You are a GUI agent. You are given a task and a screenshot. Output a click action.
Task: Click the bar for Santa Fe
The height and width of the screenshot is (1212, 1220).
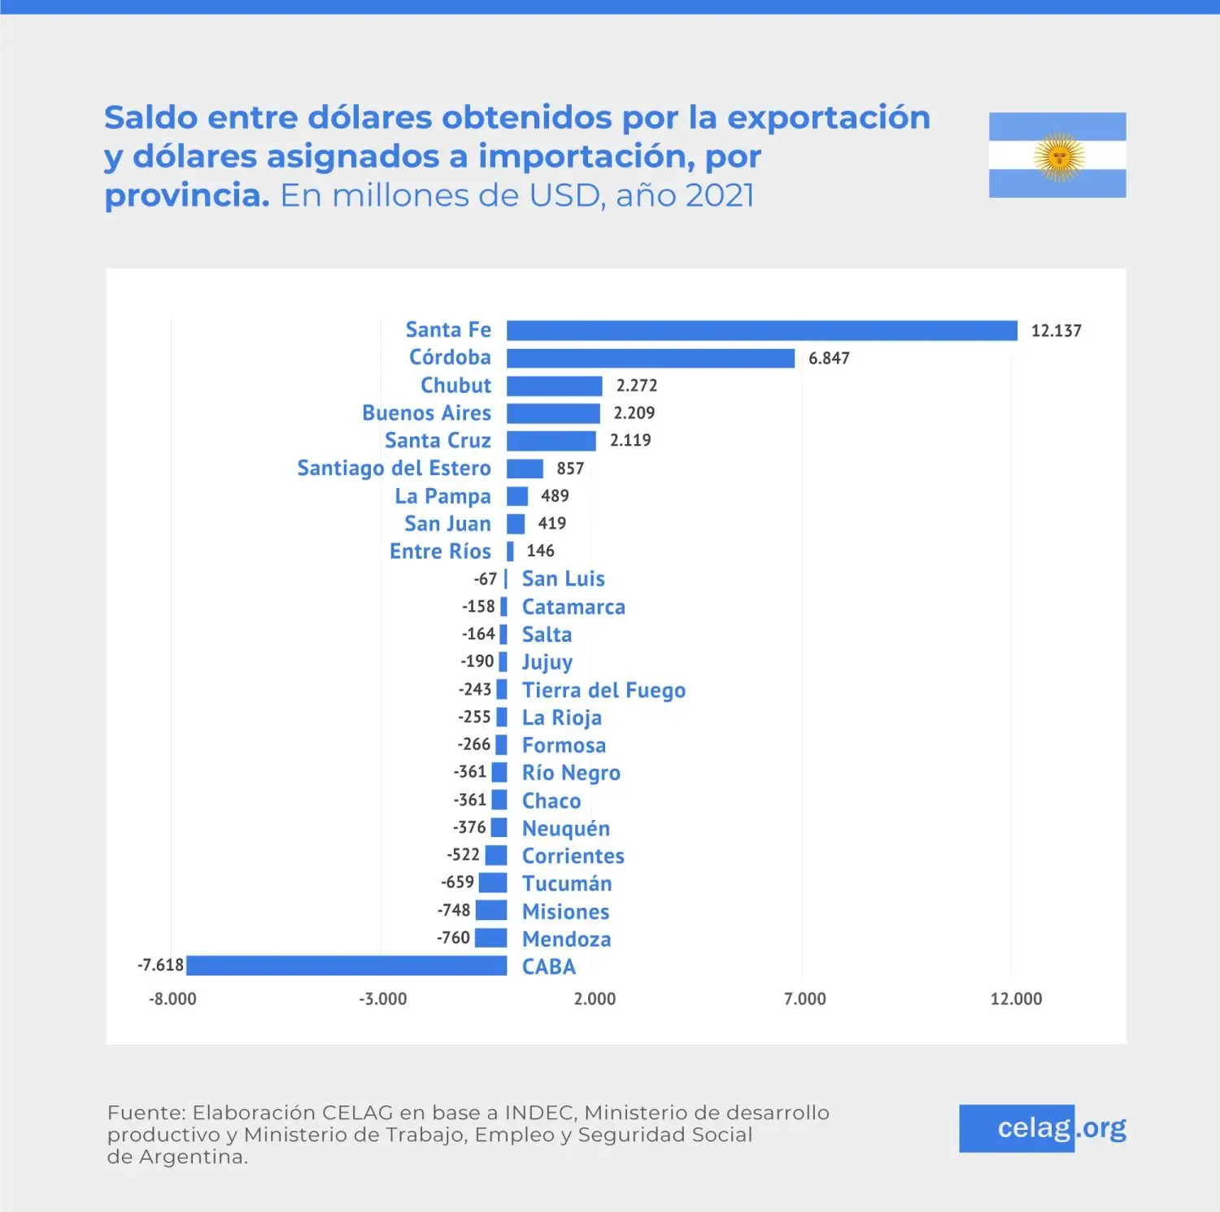tap(761, 330)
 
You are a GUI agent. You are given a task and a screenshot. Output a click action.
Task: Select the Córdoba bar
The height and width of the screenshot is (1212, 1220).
tap(650, 358)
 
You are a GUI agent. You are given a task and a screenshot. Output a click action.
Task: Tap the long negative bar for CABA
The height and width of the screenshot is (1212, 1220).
tap(346, 966)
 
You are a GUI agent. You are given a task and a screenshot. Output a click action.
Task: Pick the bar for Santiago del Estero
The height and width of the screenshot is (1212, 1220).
tap(525, 469)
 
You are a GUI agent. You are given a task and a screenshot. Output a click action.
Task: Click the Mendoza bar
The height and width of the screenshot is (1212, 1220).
tap(490, 938)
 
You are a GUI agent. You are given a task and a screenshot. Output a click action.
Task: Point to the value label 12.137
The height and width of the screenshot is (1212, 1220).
tap(1056, 331)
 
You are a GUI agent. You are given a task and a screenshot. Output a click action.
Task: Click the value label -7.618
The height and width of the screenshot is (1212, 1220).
tap(160, 966)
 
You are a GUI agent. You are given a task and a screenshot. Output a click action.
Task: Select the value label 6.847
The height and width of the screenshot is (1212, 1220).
tap(829, 359)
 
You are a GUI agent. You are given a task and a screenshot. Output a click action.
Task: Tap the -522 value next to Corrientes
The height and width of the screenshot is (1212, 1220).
tap(463, 855)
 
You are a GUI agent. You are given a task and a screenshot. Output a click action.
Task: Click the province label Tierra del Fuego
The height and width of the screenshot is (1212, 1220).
tap(603, 691)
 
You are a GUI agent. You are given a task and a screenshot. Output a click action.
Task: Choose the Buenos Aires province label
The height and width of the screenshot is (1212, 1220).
tap(426, 413)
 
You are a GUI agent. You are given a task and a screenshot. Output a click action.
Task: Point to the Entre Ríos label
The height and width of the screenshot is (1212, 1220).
tap(440, 552)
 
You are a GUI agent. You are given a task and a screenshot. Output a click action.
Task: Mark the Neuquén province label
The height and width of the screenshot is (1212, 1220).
tap(566, 829)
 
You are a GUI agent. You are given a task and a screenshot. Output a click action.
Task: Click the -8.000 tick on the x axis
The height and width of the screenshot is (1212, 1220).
tap(172, 999)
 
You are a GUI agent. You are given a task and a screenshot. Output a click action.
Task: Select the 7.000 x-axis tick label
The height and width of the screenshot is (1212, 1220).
tap(804, 999)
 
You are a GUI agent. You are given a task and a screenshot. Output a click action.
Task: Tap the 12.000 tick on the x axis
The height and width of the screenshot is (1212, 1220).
tap(1016, 999)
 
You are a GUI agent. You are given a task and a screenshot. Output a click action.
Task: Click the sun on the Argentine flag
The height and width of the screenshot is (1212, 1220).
tap(1058, 155)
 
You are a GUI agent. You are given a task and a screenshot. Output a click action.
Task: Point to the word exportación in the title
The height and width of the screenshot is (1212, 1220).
tap(828, 118)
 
